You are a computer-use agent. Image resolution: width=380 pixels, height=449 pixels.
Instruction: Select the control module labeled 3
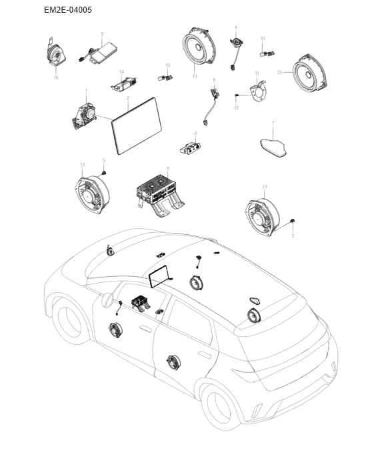(99, 52)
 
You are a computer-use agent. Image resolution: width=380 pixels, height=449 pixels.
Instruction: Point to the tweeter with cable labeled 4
(235, 47)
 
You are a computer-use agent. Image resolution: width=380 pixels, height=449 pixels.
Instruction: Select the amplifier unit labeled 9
(160, 189)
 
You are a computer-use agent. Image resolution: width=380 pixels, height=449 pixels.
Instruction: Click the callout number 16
(56, 77)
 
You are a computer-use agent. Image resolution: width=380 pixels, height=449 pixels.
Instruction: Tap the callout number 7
(273, 123)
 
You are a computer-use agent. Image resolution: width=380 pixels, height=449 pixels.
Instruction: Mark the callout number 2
(127, 98)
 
